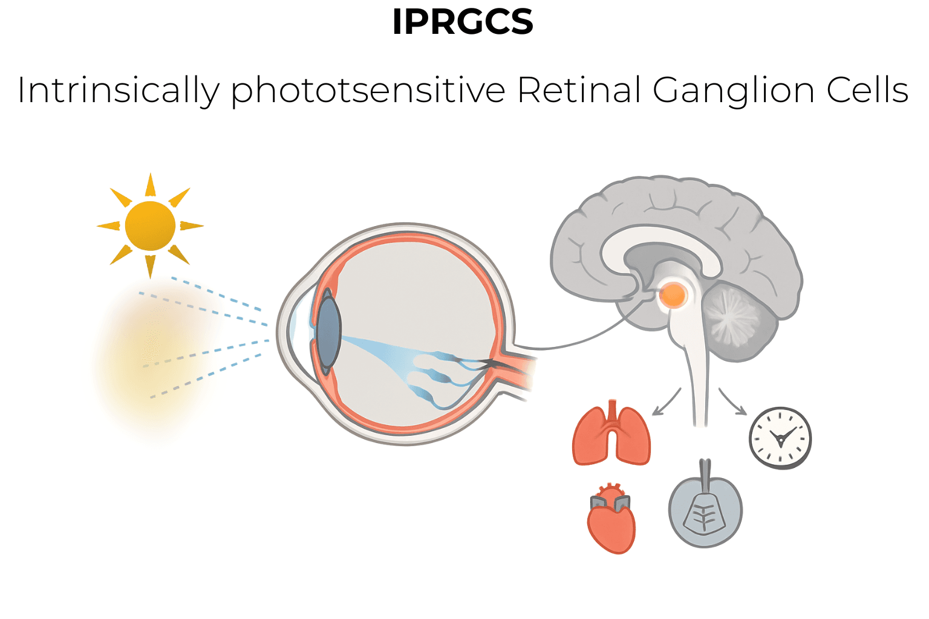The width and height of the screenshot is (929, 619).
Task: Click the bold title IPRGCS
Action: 463,22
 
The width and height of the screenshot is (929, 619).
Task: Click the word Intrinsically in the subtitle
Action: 118,91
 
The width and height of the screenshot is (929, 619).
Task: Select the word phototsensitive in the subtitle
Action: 368,91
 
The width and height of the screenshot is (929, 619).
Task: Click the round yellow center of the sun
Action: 150,226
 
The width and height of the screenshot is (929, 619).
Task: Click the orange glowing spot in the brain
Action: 673,296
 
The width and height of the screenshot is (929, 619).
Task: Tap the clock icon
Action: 780,438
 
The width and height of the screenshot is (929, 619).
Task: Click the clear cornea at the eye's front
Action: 296,326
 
